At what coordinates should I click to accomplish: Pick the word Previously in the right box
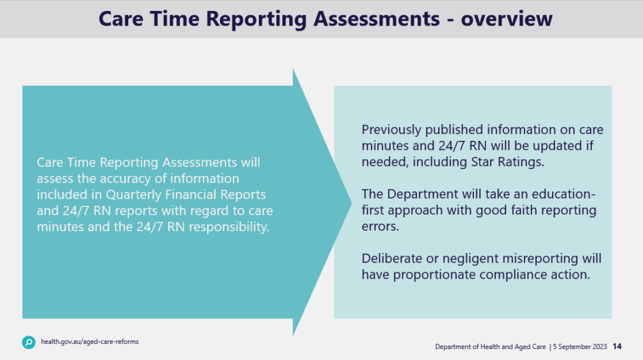(393, 130)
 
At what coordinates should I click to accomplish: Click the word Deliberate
(393, 259)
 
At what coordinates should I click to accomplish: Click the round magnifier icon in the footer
(29, 342)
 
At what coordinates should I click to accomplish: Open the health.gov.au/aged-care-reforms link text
(90, 342)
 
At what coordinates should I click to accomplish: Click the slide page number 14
(617, 347)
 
